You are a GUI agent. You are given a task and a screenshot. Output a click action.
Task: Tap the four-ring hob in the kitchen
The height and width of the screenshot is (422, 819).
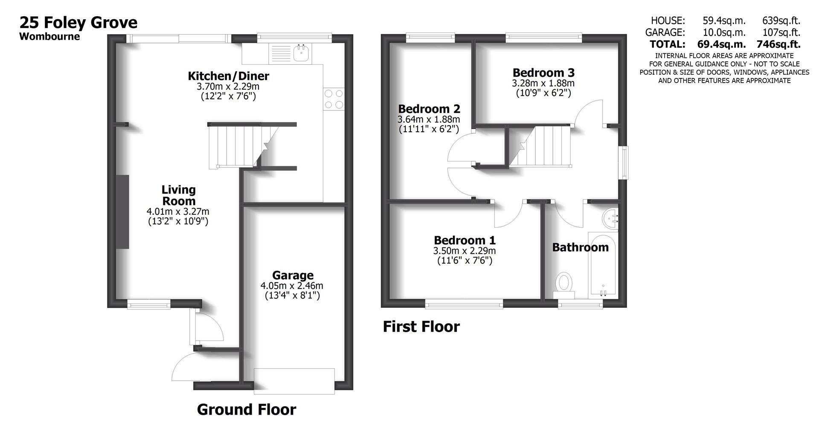pyautogui.click(x=334, y=99)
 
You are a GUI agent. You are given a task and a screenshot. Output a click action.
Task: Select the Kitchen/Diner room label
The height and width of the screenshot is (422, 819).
pyautogui.click(x=229, y=76)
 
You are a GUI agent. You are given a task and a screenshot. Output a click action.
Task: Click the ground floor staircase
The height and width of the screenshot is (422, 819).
pyautogui.click(x=237, y=146)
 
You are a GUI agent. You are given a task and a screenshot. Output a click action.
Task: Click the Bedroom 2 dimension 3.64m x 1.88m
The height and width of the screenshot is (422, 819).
pyautogui.click(x=429, y=119)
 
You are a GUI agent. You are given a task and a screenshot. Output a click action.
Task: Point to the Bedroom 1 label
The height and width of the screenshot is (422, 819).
pyautogui.click(x=465, y=240)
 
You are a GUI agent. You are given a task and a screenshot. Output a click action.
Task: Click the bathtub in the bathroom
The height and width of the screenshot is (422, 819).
pyautogui.click(x=602, y=264)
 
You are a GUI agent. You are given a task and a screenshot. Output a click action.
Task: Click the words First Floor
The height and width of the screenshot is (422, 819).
pyautogui.click(x=421, y=327)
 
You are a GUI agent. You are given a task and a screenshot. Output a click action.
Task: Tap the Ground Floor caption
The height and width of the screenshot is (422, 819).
pyautogui.click(x=246, y=410)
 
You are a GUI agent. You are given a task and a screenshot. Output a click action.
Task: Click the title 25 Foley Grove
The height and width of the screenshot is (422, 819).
pyautogui.click(x=78, y=22)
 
